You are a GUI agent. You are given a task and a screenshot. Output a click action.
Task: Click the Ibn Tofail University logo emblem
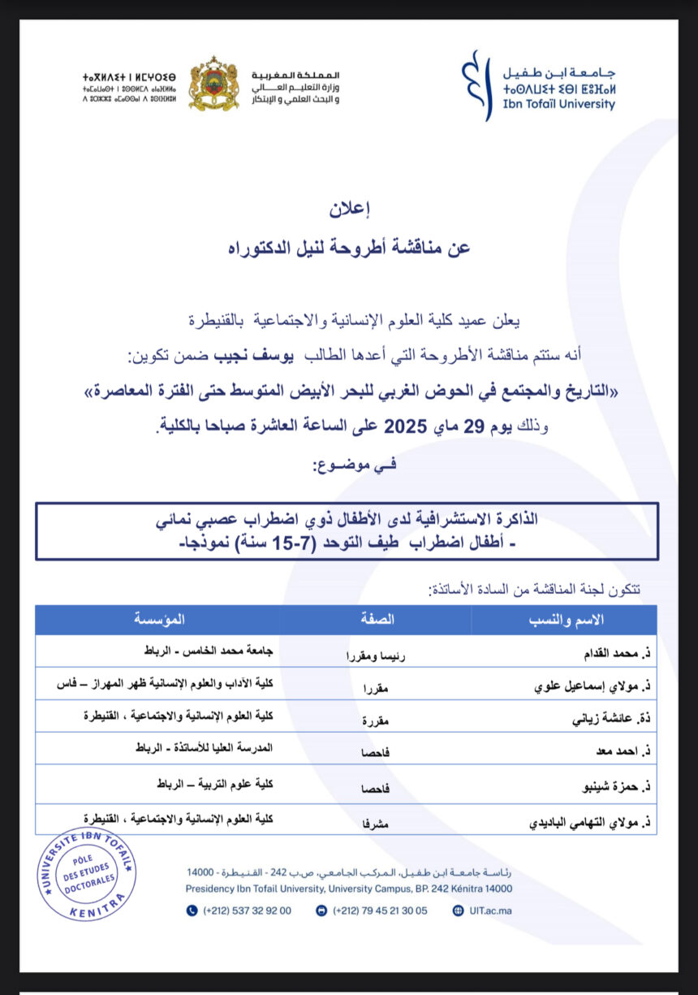click(476, 84)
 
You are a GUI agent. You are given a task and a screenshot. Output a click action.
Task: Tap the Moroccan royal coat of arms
click(213, 84)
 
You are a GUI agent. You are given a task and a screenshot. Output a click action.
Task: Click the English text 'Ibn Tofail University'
click(559, 104)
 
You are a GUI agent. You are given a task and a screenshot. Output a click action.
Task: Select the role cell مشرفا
click(375, 822)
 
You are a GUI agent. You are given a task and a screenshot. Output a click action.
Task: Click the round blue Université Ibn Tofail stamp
click(88, 873)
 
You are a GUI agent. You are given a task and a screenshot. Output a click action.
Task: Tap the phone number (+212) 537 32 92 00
click(246, 911)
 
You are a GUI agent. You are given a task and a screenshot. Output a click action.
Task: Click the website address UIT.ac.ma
click(490, 911)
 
